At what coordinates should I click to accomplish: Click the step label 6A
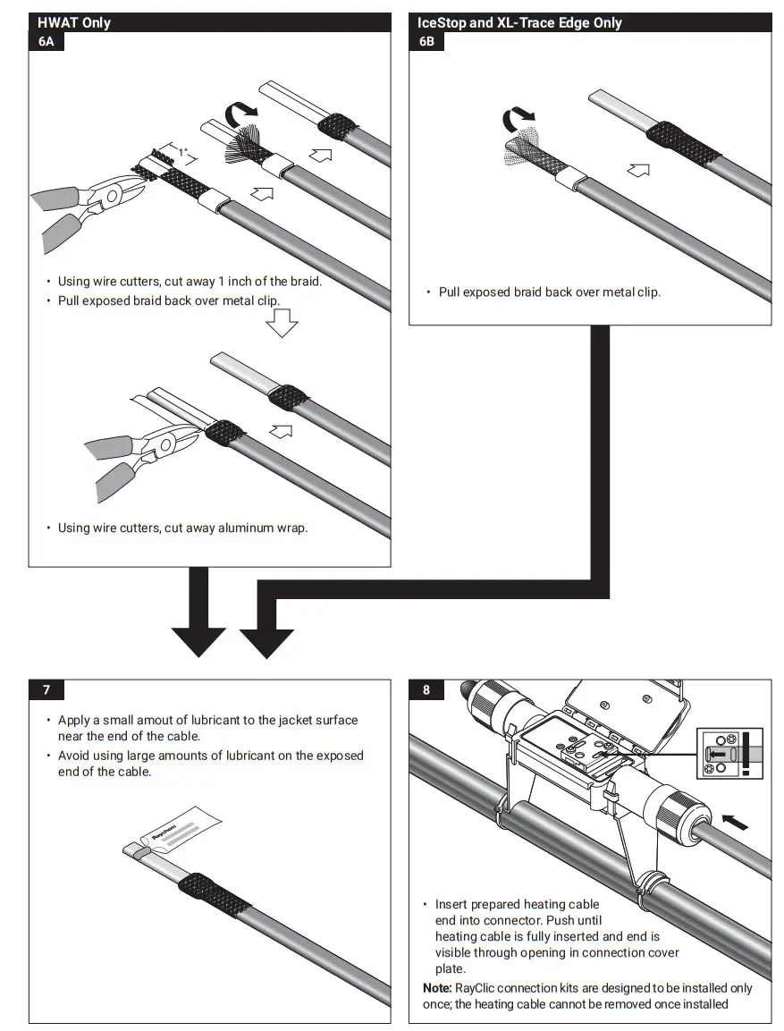click(x=46, y=42)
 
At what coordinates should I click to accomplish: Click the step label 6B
click(x=427, y=42)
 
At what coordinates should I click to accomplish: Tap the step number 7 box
click(x=46, y=689)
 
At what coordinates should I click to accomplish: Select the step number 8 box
click(x=426, y=689)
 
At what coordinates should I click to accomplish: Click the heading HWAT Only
click(x=74, y=22)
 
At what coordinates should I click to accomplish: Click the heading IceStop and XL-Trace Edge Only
click(x=519, y=22)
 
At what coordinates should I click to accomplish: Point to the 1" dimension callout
click(x=183, y=153)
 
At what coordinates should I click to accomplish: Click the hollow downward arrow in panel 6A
click(x=282, y=323)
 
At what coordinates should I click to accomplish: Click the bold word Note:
click(x=437, y=988)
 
